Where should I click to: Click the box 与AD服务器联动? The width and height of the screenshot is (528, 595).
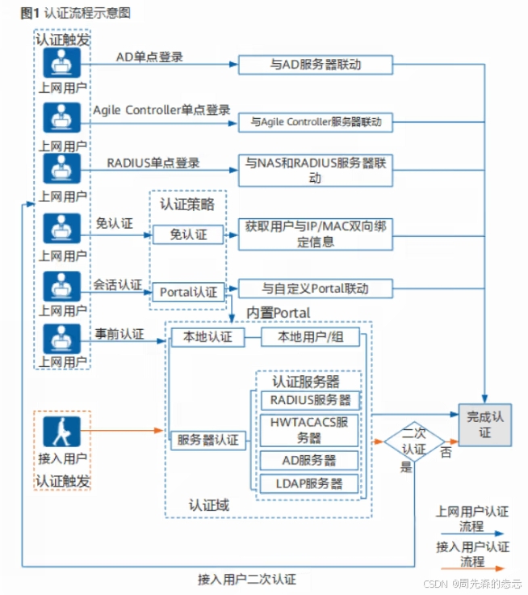[316, 65]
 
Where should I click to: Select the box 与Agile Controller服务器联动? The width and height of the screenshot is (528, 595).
[316, 122]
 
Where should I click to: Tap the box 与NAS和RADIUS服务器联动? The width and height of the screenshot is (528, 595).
[316, 170]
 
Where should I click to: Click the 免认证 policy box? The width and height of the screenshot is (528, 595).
[188, 234]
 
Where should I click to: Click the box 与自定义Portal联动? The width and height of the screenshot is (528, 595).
[316, 289]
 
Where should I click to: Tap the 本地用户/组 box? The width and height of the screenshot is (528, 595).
[311, 337]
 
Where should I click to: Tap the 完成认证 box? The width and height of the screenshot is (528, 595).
[484, 424]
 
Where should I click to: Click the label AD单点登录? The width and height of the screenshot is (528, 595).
[149, 57]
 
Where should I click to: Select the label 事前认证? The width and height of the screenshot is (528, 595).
[119, 334]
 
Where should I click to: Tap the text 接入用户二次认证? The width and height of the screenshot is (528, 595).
[247, 579]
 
